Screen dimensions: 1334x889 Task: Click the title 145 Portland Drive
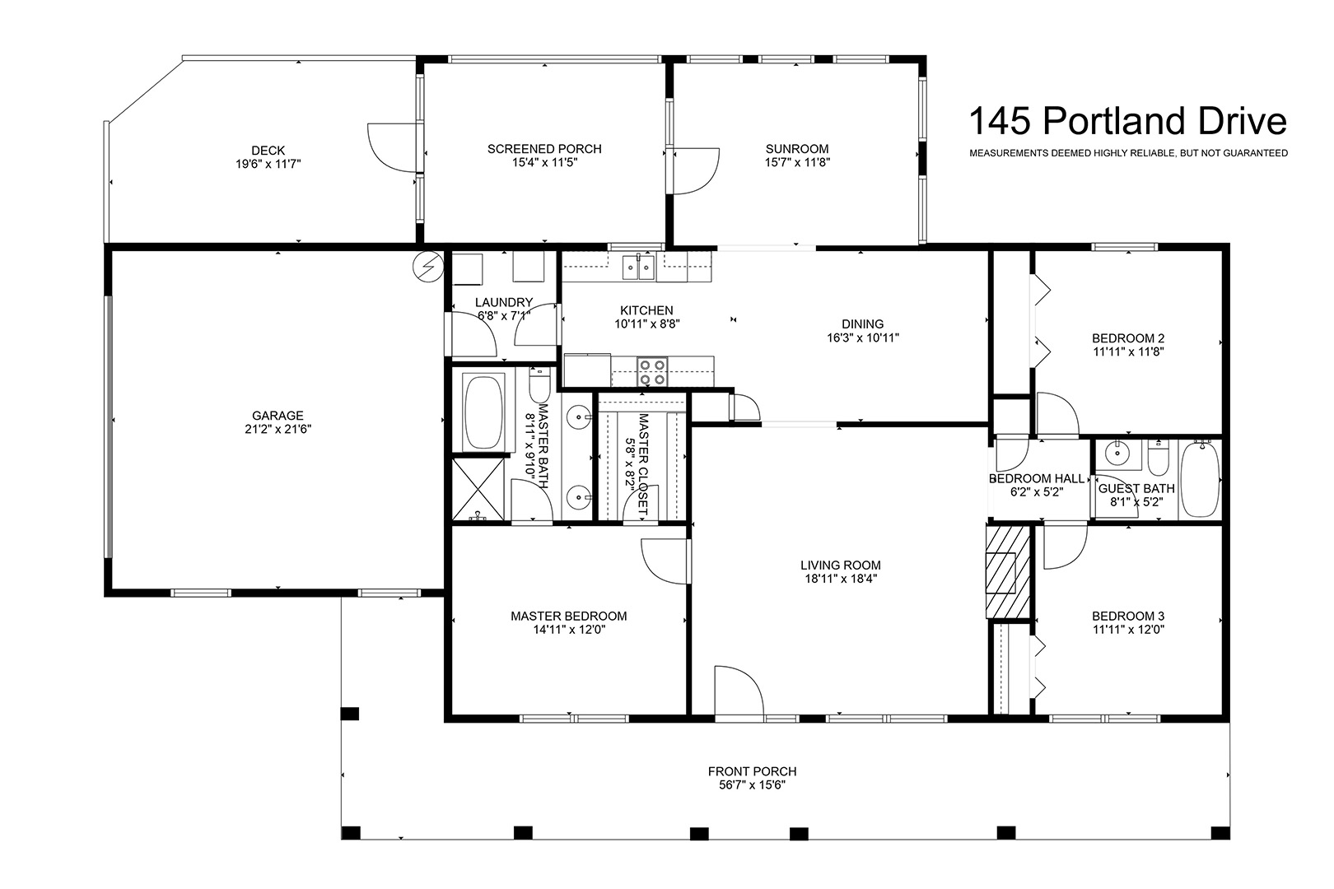point(1128,121)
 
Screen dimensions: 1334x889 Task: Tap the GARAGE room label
point(278,416)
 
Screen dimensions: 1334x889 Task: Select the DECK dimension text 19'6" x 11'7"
point(268,165)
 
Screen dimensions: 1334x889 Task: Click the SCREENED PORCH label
point(544,149)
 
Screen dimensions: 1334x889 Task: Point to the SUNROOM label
point(797,149)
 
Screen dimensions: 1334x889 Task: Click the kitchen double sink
point(638,268)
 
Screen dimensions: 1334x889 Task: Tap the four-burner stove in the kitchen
point(652,371)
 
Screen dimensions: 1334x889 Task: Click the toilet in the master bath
point(539,386)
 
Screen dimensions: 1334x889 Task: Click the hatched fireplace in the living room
point(1008,572)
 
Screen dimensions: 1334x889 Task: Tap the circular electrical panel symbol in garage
point(427,266)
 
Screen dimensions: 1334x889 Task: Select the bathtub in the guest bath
point(1199,479)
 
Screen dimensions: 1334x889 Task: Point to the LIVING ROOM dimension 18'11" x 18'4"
point(840,579)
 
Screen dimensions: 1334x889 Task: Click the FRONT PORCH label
point(752,771)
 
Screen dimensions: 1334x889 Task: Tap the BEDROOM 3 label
point(1128,617)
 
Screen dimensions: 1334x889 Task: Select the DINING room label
point(862,324)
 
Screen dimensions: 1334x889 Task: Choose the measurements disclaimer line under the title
point(1128,153)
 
